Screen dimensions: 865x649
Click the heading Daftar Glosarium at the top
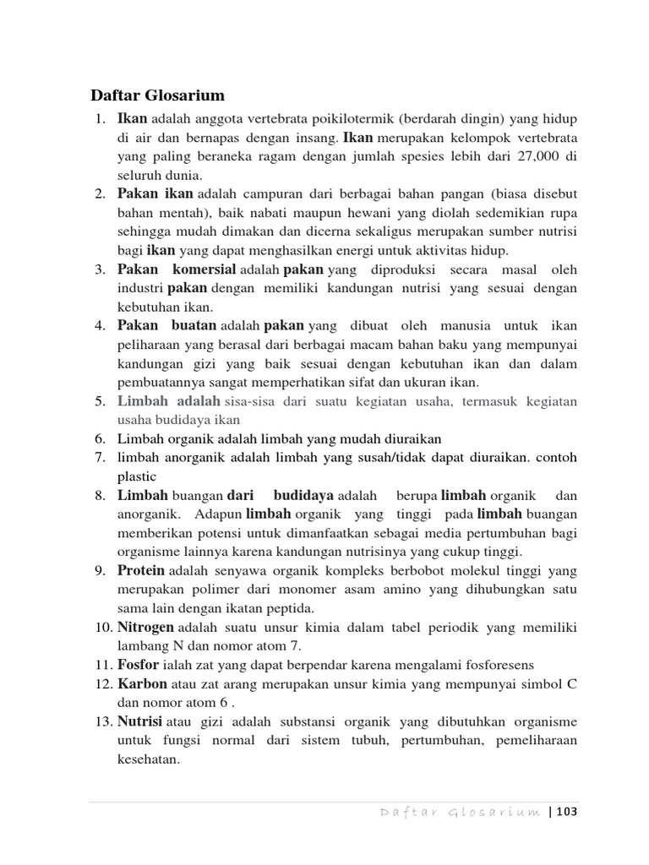coord(158,95)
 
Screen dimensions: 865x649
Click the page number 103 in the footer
coord(565,813)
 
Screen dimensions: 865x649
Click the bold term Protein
coord(140,571)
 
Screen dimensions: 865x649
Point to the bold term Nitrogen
coord(145,628)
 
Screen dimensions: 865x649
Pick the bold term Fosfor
coord(138,665)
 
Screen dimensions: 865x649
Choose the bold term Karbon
coord(142,683)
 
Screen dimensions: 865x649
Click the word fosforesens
coord(498,666)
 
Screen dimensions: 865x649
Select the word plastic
coord(137,476)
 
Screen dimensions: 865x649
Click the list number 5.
coord(99,401)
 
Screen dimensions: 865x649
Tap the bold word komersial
coord(204,270)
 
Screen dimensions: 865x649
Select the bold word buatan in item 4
coord(194,326)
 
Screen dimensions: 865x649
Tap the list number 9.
coord(99,571)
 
